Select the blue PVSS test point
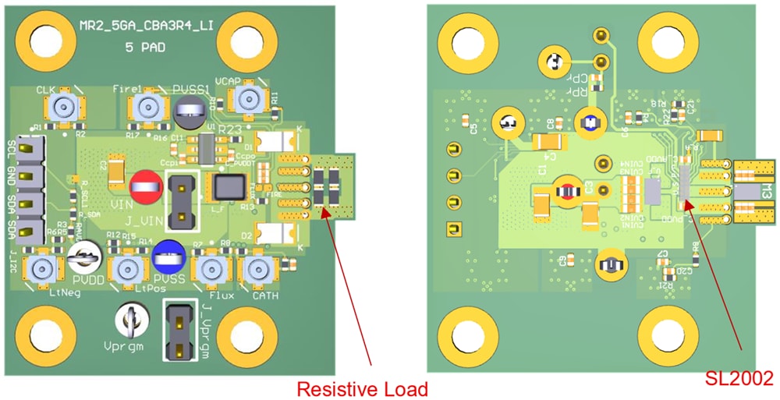click(x=168, y=254)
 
